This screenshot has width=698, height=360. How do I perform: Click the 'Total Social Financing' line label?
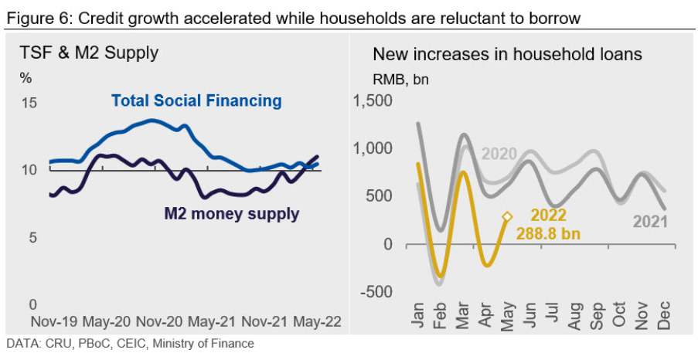(196, 100)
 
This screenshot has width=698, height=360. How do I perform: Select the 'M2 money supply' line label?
(231, 213)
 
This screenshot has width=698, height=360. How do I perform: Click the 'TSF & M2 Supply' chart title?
(88, 53)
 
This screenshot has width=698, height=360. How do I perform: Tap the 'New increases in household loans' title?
(507, 54)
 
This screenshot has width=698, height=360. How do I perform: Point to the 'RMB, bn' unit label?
(400, 79)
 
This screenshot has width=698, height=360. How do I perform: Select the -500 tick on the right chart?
(376, 291)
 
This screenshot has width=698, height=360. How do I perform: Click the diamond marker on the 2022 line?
(507, 218)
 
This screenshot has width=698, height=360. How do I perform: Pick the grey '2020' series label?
(499, 153)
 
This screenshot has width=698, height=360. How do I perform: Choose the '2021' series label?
(650, 221)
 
